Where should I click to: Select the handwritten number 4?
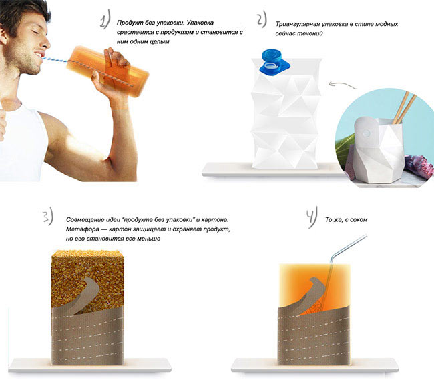[x=312, y=220]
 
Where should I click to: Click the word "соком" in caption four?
[x=357, y=219]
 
